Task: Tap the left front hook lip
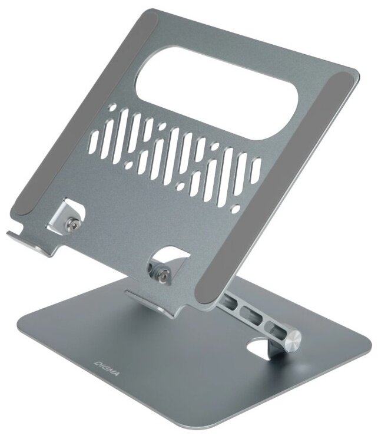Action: (x=28, y=241)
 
